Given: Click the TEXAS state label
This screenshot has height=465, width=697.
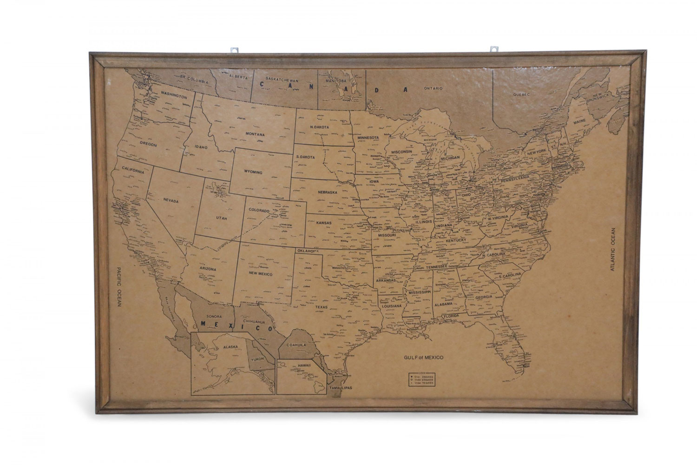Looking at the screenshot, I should [321, 307].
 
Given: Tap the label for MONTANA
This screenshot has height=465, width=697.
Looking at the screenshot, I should [255, 134].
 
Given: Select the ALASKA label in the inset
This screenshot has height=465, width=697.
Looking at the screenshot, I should [217, 346].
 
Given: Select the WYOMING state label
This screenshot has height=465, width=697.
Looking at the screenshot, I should [253, 172].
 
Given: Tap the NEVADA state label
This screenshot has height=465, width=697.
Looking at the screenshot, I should [171, 200].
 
